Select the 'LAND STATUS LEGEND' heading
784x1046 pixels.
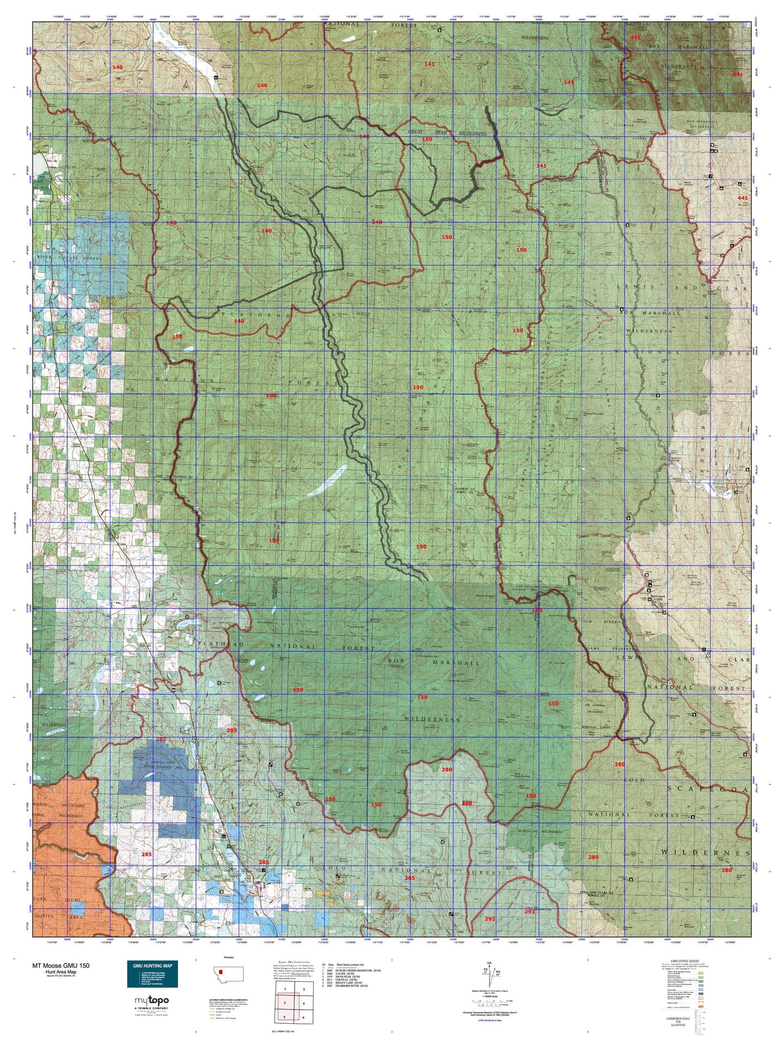686,960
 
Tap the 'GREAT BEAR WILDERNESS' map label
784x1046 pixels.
448,132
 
